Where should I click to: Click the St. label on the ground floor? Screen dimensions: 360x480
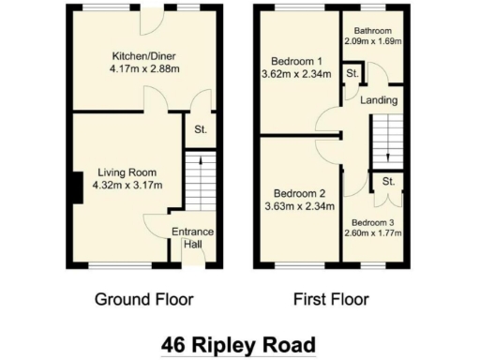[201, 129]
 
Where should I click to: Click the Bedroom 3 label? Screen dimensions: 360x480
[373, 223]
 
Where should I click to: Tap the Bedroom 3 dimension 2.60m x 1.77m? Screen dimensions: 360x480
[373, 234]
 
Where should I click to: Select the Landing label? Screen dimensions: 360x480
[382, 100]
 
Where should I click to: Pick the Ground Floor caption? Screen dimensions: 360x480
[143, 300]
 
